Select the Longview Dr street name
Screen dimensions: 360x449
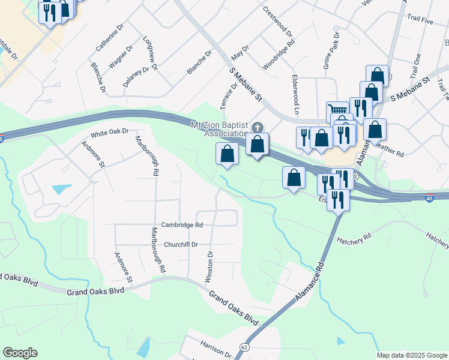click(x=150, y=54)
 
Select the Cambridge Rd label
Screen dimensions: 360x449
click(x=182, y=225)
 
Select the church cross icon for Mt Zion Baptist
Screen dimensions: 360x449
click(x=258, y=127)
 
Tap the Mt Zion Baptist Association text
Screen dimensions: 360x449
click(x=218, y=128)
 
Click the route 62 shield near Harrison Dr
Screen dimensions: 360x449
click(x=244, y=347)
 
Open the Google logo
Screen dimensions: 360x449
click(x=20, y=353)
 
